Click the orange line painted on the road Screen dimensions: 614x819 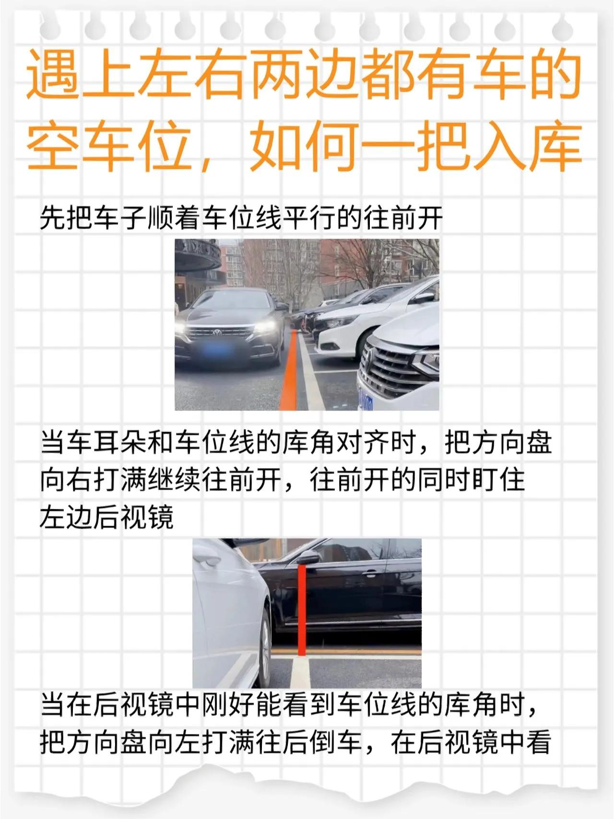(289, 370)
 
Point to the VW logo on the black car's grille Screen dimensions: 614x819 (217, 332)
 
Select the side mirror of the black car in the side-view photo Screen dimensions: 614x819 (307, 557)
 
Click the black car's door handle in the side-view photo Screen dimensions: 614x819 (370, 573)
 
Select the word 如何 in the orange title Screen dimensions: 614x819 (305, 145)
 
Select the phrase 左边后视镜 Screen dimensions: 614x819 (107, 517)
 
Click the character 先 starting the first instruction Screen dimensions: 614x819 (53, 218)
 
